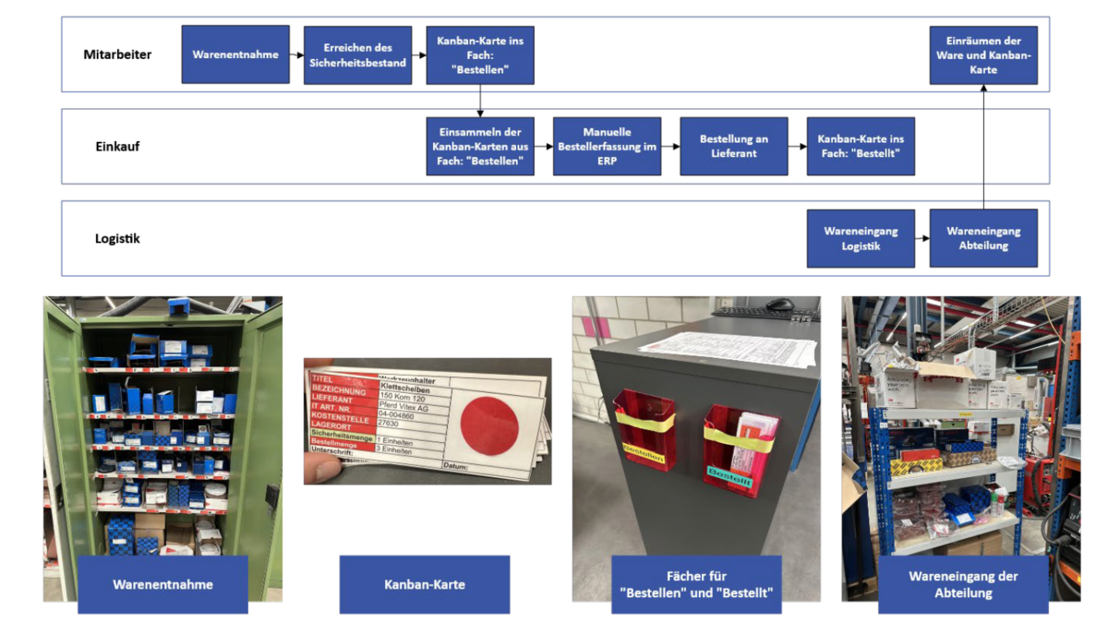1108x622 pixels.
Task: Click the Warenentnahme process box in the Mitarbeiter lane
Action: click(235, 54)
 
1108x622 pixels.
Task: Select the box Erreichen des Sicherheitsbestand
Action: click(357, 54)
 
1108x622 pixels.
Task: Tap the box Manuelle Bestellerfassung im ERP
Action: click(607, 146)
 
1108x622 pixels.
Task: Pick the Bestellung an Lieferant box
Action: click(734, 146)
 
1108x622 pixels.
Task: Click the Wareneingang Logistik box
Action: click(861, 238)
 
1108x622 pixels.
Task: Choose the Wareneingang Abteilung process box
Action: click(983, 238)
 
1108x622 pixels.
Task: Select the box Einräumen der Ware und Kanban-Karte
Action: click(983, 54)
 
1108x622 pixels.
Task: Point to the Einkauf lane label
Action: click(117, 146)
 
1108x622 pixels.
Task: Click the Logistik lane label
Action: click(117, 238)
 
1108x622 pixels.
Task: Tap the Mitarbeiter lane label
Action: click(117, 54)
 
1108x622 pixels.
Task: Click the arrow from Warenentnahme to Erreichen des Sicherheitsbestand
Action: click(296, 55)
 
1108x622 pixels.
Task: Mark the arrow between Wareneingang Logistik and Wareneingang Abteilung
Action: click(921, 238)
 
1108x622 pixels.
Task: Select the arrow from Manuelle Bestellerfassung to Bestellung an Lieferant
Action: click(670, 146)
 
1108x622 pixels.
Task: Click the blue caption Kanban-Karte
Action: click(424, 584)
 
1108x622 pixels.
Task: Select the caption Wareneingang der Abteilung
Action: click(963, 584)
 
